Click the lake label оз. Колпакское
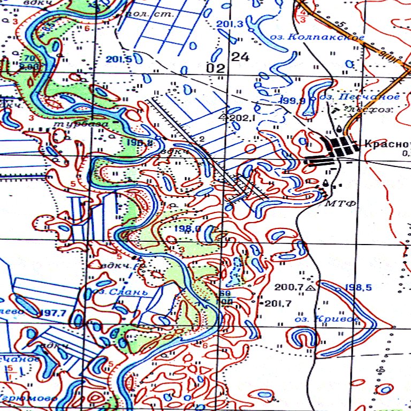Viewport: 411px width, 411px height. click(x=325, y=37)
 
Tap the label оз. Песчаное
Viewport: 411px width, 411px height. click(x=359, y=97)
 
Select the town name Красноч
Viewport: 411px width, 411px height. click(x=386, y=143)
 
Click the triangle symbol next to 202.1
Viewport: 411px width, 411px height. click(x=224, y=116)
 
